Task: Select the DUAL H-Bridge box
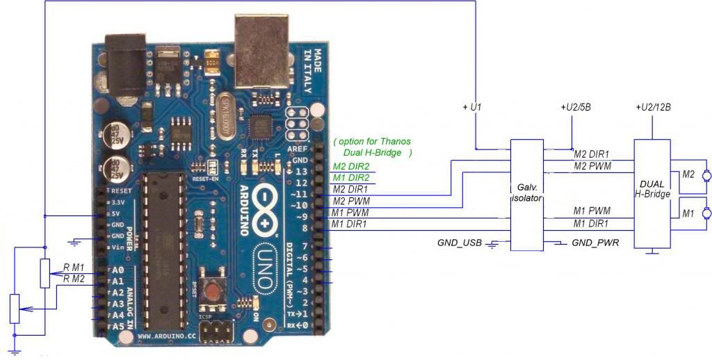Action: point(652,195)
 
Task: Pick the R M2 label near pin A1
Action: point(74,279)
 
